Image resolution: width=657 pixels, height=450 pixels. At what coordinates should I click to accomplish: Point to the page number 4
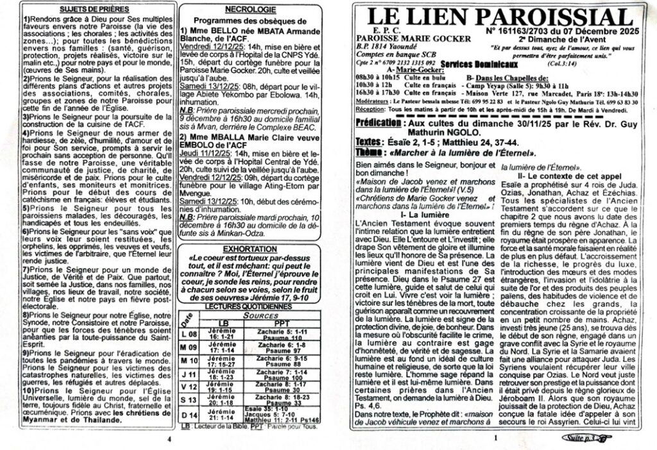click(x=169, y=440)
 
